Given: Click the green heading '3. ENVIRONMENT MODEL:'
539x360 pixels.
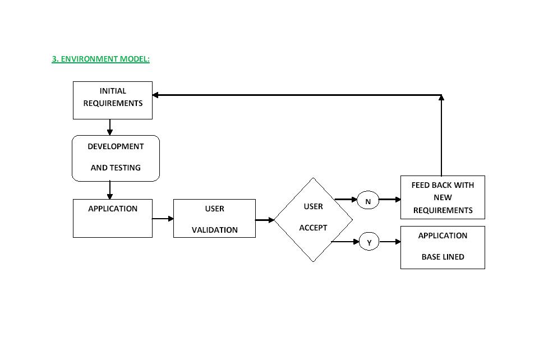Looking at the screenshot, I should (100, 59).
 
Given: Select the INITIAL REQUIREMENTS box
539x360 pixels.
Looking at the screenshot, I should (112, 100).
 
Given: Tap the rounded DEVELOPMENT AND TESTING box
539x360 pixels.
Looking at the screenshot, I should (116, 158).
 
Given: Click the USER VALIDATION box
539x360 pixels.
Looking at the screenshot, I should (214, 218).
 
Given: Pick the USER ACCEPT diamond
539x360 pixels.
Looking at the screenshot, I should (313, 219).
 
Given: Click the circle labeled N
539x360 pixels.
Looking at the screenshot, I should (368, 201).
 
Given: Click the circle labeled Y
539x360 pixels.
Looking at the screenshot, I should (369, 242).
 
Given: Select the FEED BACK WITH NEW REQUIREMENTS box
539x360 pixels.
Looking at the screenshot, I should (442, 197).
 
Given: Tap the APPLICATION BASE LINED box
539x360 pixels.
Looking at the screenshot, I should (442, 247).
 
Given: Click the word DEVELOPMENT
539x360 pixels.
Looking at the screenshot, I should (116, 146).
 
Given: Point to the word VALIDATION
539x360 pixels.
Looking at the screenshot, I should (214, 230).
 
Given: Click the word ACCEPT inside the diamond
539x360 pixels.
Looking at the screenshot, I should (313, 228).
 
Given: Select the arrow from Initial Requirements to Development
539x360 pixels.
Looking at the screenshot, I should (109, 127).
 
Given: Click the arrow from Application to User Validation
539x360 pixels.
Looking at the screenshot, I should (163, 219).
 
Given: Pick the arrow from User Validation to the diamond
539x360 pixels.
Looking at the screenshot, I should (265, 220).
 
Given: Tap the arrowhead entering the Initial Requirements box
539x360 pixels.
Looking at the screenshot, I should (156, 95).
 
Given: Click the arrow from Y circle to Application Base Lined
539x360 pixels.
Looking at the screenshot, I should (390, 242).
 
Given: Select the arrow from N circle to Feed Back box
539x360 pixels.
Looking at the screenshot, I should (390, 199).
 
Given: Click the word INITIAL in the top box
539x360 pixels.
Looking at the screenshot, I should (113, 91).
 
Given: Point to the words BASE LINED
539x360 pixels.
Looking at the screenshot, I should (443, 257).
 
